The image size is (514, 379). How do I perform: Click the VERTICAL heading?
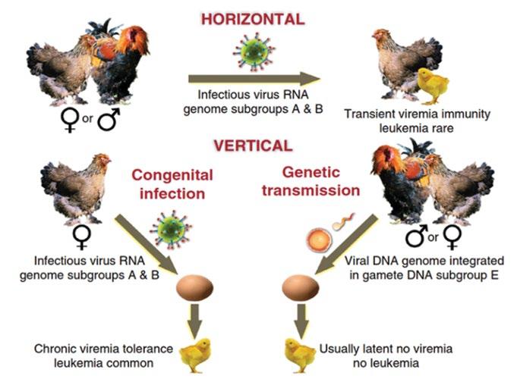pyautogui.click(x=252, y=145)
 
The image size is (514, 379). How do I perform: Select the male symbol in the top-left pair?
pyautogui.click(x=108, y=120)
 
